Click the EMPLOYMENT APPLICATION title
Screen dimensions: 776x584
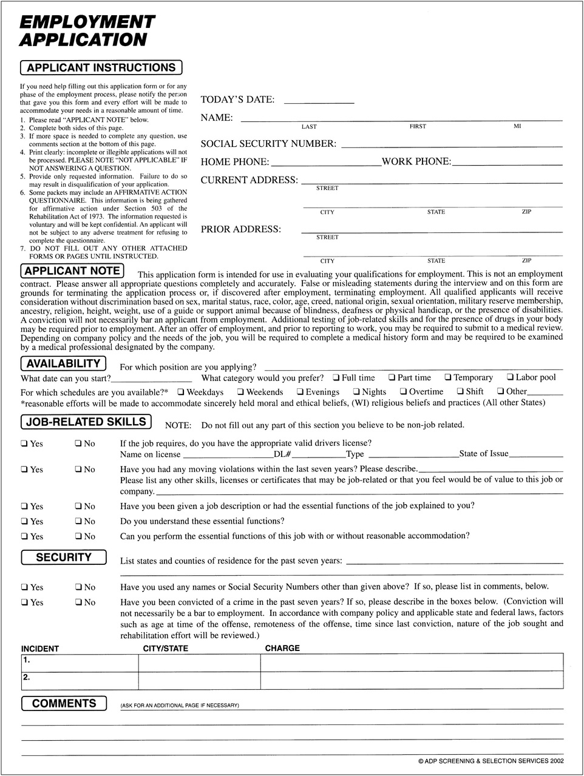[87, 31]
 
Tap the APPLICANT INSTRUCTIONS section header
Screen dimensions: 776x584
[101, 68]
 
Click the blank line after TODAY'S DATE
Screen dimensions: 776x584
[319, 101]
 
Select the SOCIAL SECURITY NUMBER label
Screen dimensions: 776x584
[268, 144]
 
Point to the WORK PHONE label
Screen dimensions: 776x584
[416, 162]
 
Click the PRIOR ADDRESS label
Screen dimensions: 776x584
[240, 229]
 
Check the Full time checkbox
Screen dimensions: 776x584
[336, 378]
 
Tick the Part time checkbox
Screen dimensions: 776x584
[392, 378]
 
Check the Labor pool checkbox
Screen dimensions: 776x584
[511, 378]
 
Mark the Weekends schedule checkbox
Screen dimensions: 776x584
[240, 392]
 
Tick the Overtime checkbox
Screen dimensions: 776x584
[403, 392]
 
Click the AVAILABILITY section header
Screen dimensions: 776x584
[63, 364]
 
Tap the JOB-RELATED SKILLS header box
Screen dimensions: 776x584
[86, 422]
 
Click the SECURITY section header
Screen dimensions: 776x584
[63, 557]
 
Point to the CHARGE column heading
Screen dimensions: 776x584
[282, 649]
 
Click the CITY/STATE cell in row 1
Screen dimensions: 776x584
[200, 663]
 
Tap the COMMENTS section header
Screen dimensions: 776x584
[64, 704]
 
